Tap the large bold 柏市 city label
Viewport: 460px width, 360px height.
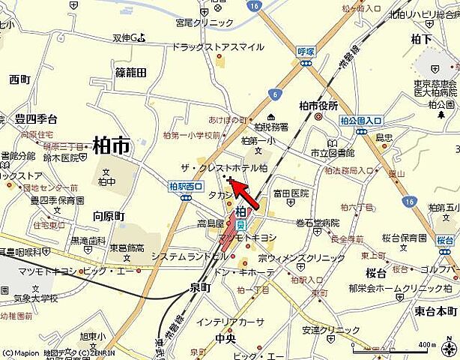(x=112, y=145)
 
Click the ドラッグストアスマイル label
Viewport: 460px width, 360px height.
(x=218, y=47)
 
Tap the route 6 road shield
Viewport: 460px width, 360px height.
(x=276, y=94)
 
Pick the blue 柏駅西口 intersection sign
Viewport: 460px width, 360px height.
(x=186, y=187)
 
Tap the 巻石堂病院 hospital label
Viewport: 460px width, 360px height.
(x=318, y=222)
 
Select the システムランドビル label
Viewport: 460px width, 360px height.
(x=189, y=256)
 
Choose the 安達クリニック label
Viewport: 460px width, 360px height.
(x=330, y=330)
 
